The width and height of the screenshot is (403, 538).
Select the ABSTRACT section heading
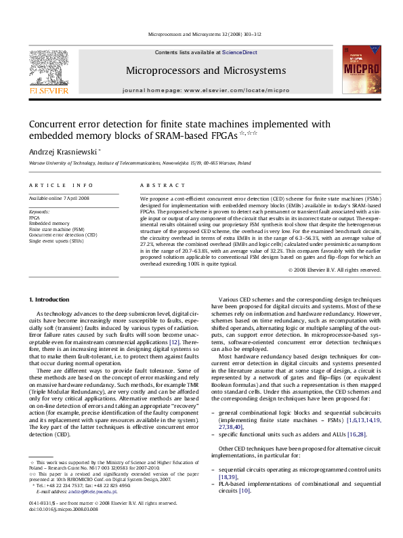click(158, 185)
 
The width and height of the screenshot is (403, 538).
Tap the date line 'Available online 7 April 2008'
click(58, 198)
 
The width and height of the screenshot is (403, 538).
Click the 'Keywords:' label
click(39, 212)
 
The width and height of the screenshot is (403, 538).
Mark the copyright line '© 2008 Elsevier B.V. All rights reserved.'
click(335, 270)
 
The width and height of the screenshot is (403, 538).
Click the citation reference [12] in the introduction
click(174, 342)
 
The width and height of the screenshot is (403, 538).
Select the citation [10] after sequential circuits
click(245, 491)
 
